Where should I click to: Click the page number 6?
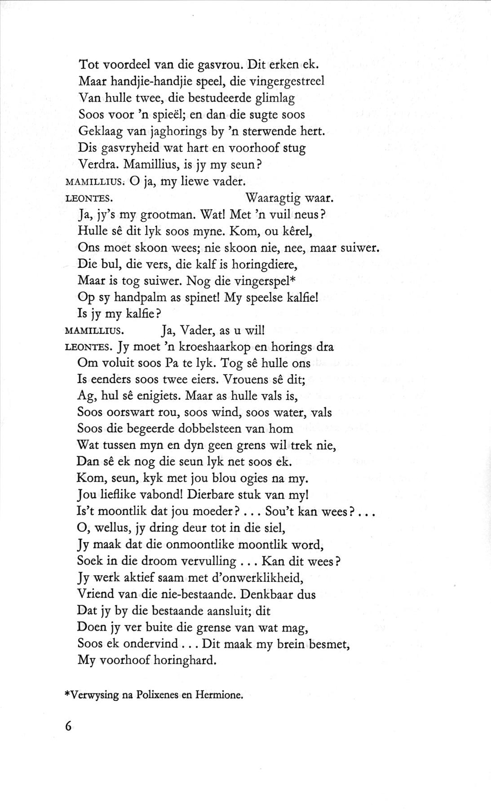(x=68, y=726)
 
